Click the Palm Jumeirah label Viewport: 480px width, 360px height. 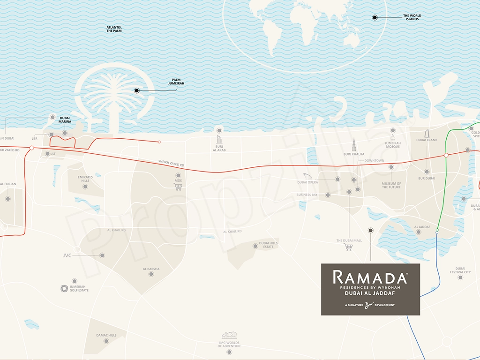click(176, 82)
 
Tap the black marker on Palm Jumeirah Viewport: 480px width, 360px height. click(137, 90)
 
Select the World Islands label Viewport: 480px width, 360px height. click(412, 17)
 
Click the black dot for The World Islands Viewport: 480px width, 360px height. click(375, 17)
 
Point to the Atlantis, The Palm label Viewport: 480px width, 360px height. click(114, 30)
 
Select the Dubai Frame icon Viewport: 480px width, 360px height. click(427, 133)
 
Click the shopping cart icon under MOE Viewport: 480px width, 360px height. click(178, 187)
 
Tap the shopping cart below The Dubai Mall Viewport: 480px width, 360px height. click(349, 247)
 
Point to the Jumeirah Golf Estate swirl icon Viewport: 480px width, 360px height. click(64, 288)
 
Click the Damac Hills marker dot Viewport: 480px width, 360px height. click(106, 341)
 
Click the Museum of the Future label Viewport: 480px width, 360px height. click(391, 185)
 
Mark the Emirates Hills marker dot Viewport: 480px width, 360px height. click(85, 187)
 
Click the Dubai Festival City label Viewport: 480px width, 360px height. click(460, 270)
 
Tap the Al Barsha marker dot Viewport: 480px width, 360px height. click(151, 274)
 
